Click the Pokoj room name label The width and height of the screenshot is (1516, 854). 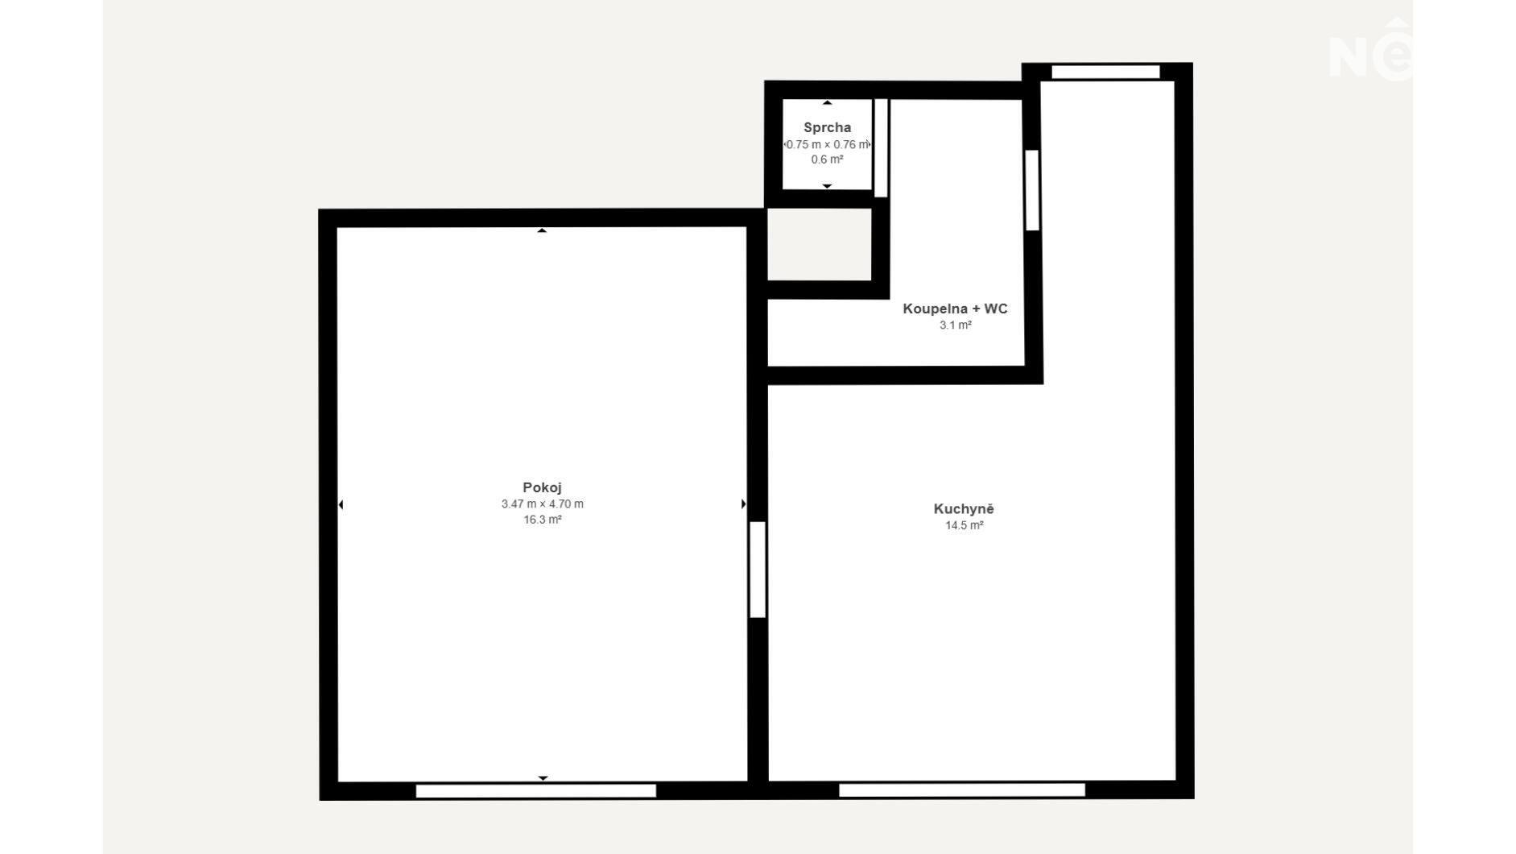(x=542, y=487)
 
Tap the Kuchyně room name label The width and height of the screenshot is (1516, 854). (x=964, y=509)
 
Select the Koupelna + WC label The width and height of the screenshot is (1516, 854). (x=955, y=309)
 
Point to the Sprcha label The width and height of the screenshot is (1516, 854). (x=827, y=127)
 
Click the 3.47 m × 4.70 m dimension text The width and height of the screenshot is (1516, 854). (x=543, y=504)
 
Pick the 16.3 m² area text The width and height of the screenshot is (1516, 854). (x=543, y=520)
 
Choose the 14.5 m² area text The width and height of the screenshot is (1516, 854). (x=964, y=525)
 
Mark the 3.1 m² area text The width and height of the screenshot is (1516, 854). (x=956, y=325)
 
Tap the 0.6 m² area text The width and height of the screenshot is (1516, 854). (x=827, y=160)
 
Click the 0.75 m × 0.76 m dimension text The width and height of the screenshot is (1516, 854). (x=828, y=144)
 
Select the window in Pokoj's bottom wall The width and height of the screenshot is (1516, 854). (x=535, y=791)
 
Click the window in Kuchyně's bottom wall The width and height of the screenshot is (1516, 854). (x=962, y=790)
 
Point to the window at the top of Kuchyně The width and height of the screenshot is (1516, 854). (x=1105, y=72)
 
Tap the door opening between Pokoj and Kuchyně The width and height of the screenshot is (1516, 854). (x=758, y=570)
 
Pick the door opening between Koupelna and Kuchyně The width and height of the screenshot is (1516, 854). (x=1032, y=190)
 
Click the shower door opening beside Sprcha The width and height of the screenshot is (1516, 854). (x=881, y=147)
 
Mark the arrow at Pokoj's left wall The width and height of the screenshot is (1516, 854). (x=341, y=505)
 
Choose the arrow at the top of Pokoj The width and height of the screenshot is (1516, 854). (x=542, y=230)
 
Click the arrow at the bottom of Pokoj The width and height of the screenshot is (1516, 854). (x=543, y=778)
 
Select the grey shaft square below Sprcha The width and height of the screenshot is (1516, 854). (x=820, y=245)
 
